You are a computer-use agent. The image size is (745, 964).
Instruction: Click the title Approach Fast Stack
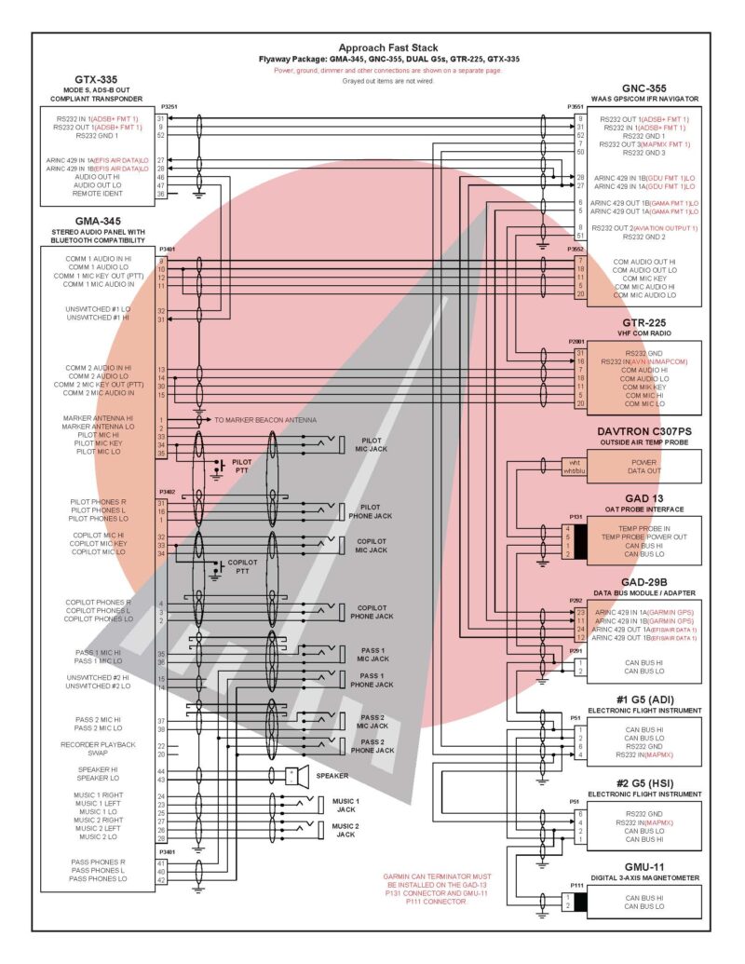(388, 48)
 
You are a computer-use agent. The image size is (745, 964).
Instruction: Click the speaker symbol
(294, 775)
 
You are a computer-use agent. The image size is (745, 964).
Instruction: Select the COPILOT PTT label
(243, 567)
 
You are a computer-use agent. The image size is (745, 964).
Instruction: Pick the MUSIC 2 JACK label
(345, 830)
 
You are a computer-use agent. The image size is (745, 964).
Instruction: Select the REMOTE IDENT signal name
(97, 194)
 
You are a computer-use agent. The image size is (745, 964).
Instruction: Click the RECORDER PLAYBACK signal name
(99, 745)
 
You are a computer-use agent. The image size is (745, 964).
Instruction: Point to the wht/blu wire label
(575, 470)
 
